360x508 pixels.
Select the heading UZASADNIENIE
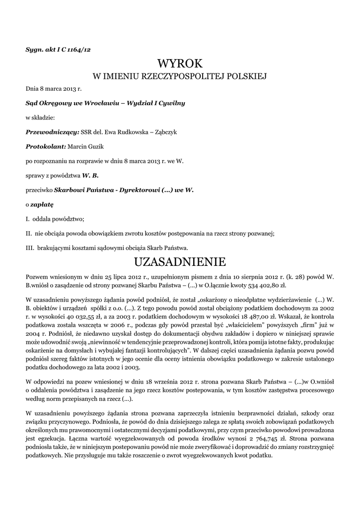pyautogui.click(x=180, y=261)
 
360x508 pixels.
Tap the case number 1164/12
pyautogui.click(x=80, y=49)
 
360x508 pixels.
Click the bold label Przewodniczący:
pyautogui.click(x=52, y=132)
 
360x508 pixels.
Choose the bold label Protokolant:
pyautogui.click(x=46, y=146)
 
